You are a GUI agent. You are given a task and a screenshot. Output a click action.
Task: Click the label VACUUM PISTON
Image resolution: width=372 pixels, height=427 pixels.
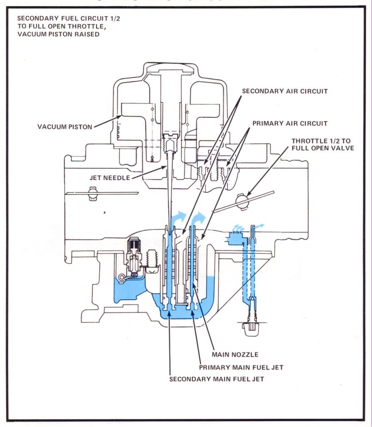(x=65, y=127)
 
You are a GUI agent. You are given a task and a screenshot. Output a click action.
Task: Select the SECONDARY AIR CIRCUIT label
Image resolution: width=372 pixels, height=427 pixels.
(x=285, y=91)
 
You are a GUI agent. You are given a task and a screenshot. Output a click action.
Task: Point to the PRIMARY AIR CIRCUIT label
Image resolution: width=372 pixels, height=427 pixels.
(x=290, y=123)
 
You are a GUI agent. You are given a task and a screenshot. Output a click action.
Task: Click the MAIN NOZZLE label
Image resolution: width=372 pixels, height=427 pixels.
(x=235, y=354)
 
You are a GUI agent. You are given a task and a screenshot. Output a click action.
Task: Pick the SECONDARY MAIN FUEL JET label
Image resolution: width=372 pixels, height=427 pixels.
(x=216, y=379)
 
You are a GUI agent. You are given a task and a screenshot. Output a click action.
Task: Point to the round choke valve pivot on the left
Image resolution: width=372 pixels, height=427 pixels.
(x=93, y=193)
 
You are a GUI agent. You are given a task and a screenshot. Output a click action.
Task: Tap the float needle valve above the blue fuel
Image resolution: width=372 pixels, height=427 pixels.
(x=134, y=259)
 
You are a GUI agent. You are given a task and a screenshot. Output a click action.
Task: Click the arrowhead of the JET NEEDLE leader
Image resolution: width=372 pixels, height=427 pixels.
(x=167, y=166)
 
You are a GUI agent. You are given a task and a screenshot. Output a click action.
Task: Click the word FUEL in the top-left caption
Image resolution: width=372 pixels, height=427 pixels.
(x=63, y=18)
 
